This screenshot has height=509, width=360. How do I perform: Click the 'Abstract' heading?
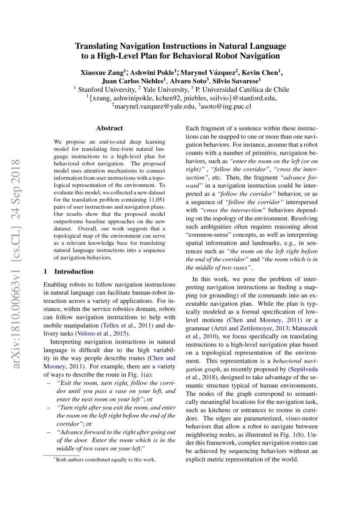tap(109, 128)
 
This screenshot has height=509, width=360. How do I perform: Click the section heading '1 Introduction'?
tap(69, 272)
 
